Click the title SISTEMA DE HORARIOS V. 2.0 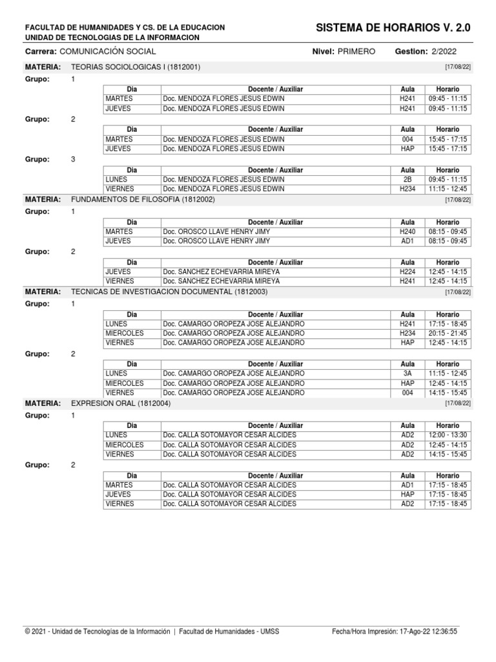[393, 28]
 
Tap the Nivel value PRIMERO [356, 52]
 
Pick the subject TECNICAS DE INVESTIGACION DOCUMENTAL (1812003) [169, 292]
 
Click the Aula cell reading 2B [408, 179]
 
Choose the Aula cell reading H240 [408, 231]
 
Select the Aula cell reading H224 [408, 272]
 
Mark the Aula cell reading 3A [408, 374]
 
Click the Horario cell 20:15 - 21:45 [448, 334]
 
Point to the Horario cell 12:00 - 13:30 [448, 435]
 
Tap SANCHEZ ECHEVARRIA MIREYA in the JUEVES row [222, 272]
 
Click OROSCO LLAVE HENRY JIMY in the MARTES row [216, 231]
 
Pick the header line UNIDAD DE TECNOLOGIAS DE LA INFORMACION [112, 37]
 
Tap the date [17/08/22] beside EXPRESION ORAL [458, 403]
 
